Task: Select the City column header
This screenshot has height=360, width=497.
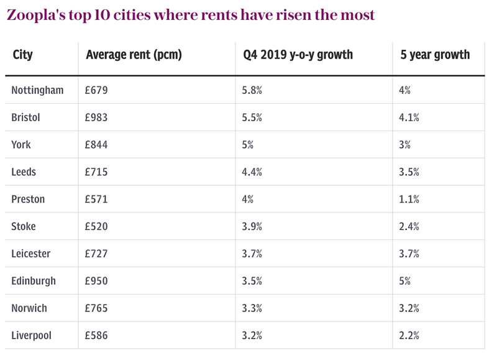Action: [x=23, y=55]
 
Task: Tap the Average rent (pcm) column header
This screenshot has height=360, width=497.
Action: [x=134, y=55]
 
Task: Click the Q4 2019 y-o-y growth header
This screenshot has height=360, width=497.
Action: [x=298, y=55]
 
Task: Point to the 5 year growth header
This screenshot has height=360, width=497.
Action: [x=435, y=55]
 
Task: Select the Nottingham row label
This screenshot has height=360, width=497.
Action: [x=37, y=90]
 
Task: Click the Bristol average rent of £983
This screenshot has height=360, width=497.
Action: [x=97, y=118]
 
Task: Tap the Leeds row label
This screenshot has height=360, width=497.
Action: [x=24, y=172]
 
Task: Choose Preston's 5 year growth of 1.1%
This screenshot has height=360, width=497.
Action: [x=409, y=200]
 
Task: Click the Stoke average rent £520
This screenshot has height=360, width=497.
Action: [x=97, y=227]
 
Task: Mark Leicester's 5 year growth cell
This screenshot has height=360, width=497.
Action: [x=409, y=254]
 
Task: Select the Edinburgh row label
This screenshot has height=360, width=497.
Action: [x=34, y=281]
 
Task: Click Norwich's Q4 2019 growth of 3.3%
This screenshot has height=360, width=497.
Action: [x=252, y=308]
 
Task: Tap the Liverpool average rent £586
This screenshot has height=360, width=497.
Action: [x=97, y=336]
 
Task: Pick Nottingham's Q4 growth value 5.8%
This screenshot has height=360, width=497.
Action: [x=252, y=90]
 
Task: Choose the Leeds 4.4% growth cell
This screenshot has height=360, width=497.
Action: [x=252, y=172]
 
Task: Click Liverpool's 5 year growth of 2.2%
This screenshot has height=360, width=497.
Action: [x=409, y=336]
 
